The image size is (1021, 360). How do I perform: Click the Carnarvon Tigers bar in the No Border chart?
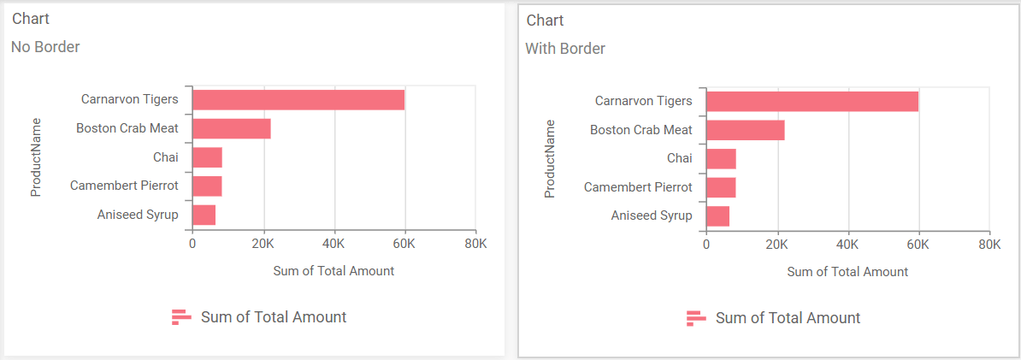298,99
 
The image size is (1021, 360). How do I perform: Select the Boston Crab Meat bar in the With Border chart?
745,130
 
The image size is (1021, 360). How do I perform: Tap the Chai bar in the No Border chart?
207,157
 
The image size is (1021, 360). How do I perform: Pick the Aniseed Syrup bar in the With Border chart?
717,216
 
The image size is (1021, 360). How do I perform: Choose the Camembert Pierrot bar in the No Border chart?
207,186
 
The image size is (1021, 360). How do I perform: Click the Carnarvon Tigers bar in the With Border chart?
811,101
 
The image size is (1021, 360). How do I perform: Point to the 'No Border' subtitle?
45,47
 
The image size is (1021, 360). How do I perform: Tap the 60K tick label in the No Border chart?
404,244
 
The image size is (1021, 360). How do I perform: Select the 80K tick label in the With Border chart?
989,245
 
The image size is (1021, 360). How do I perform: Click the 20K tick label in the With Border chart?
776,245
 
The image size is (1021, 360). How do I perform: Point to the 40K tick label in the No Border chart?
333,244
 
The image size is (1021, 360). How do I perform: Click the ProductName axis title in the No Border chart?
36,157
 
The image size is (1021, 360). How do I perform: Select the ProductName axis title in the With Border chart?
550,159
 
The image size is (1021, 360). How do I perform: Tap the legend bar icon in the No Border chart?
181,317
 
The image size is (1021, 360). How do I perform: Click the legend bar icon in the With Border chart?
696,318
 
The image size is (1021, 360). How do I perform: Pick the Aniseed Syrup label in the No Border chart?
138,215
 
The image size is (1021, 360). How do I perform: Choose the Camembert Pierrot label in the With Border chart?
638,187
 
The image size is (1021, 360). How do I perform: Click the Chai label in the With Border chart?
679,158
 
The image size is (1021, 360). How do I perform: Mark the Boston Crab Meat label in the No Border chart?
127,128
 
